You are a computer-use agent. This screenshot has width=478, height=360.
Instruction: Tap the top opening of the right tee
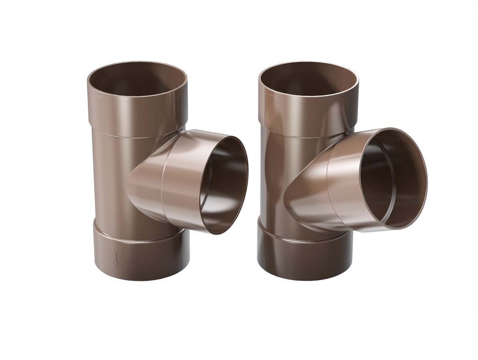point(308,80)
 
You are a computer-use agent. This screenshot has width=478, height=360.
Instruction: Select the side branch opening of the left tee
point(224,184)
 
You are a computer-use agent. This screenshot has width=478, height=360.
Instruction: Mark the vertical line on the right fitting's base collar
point(273,254)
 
